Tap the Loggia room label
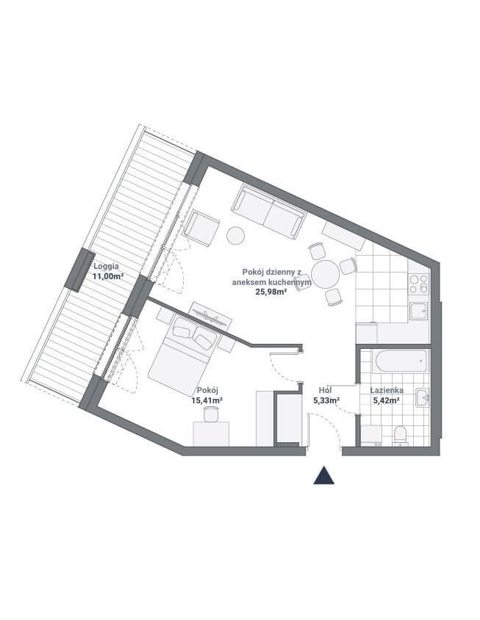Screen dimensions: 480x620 click(106, 266)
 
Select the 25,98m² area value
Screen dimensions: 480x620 click(271, 292)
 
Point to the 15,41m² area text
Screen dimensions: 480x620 click(207, 400)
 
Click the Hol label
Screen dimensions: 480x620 click(325, 391)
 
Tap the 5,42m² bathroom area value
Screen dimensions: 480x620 click(386, 400)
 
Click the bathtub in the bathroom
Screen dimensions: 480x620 click(401, 361)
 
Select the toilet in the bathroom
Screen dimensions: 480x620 click(400, 435)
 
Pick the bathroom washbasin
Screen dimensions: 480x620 click(422, 397)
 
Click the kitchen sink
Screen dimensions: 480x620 click(419, 311)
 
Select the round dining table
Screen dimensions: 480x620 click(325, 274)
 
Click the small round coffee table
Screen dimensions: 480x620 click(235, 235)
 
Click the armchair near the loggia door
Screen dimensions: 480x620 click(201, 228)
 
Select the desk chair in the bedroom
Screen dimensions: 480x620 click(210, 414)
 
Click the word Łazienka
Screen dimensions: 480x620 click(387, 391)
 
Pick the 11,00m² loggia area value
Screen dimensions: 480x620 click(108, 276)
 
